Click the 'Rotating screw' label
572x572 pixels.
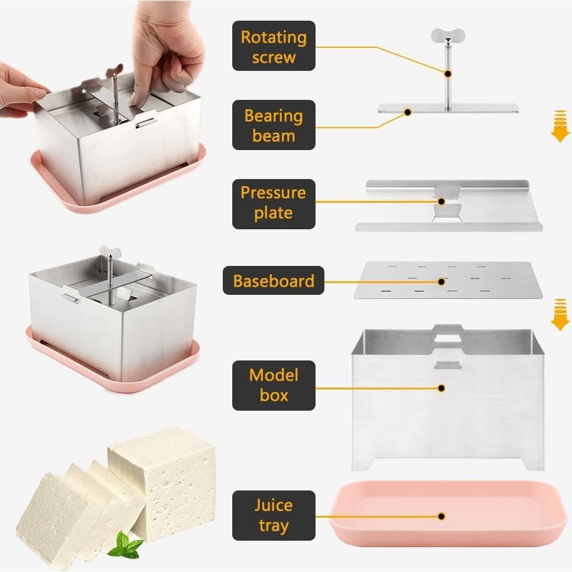(x=274, y=45)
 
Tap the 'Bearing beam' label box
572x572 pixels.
(x=274, y=125)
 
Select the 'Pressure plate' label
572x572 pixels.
(x=274, y=204)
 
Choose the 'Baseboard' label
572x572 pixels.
(x=274, y=280)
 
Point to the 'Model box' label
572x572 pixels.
(x=274, y=385)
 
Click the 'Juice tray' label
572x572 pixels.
(x=274, y=515)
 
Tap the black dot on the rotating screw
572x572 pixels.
(x=448, y=74)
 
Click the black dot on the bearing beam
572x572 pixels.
(x=408, y=112)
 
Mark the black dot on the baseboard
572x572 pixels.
(x=441, y=282)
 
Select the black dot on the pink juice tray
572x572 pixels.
(x=441, y=516)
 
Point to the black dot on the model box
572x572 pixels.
(x=441, y=388)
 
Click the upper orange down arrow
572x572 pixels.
(x=560, y=126)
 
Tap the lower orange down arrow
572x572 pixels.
(x=560, y=315)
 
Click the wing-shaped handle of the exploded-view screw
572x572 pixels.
(x=448, y=35)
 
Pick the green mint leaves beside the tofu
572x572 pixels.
(x=126, y=545)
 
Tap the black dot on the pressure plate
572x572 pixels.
(x=441, y=201)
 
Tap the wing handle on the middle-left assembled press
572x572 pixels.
(x=110, y=251)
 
